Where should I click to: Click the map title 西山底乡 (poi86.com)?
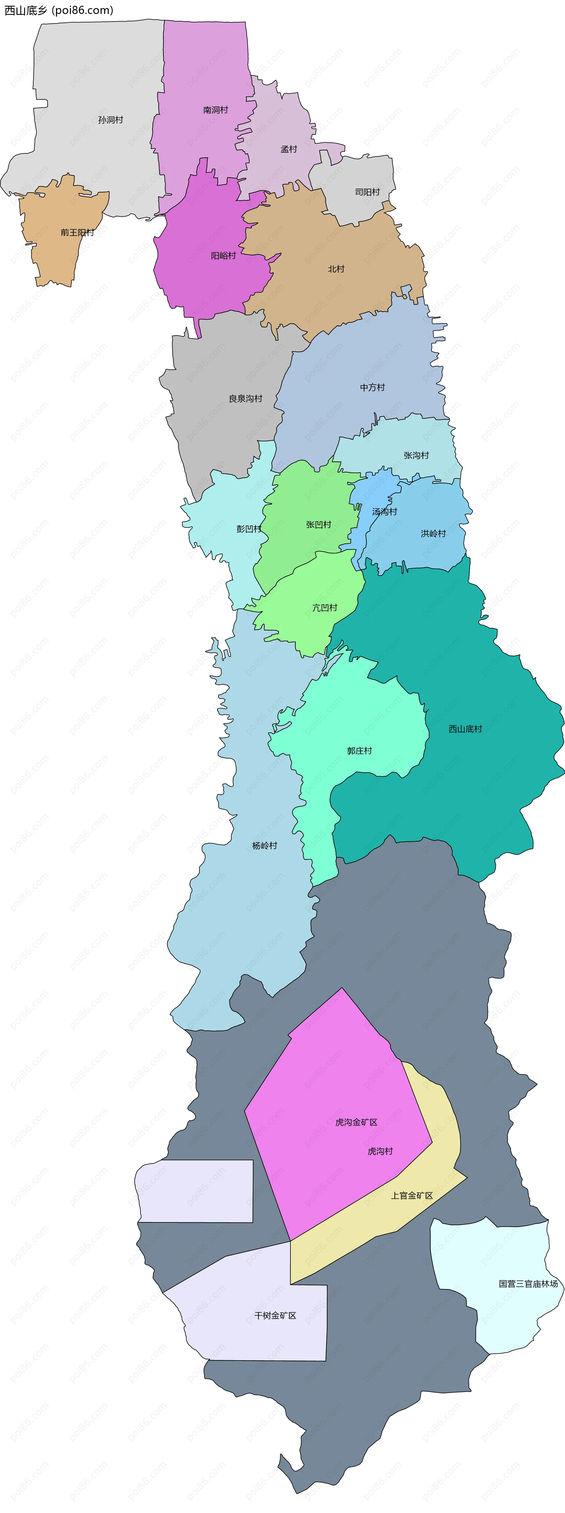point(59,10)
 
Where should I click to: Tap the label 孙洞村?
point(110,120)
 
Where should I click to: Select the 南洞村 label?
point(215,110)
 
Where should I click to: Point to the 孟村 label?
point(289,149)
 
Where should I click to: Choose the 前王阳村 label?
point(77,233)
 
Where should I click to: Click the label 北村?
point(336,269)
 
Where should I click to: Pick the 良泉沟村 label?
point(245,399)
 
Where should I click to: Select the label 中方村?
point(372,388)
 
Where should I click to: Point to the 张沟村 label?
point(416,455)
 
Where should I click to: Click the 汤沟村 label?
point(385,512)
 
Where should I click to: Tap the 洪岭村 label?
point(433,533)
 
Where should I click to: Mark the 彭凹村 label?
point(249,528)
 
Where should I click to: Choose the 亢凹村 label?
point(325,608)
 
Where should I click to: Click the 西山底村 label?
point(465,729)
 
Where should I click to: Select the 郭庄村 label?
point(359,751)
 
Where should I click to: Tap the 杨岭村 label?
point(264,846)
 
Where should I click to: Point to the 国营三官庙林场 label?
point(528,1284)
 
